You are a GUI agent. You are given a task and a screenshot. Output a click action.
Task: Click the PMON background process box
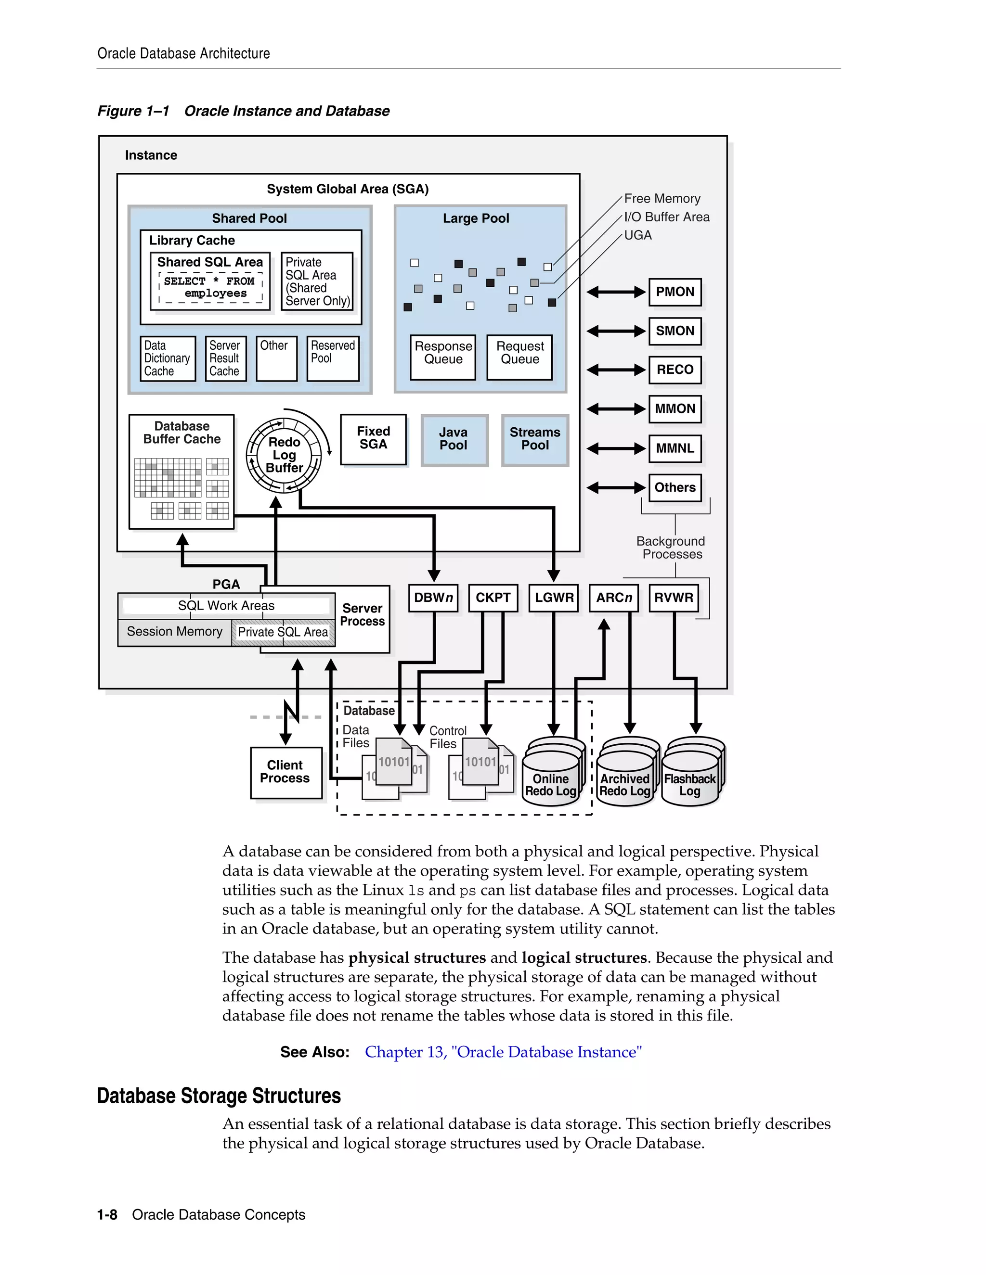coord(675,292)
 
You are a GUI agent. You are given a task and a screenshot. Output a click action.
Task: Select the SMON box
coord(675,331)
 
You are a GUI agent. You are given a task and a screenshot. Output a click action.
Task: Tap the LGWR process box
coord(554,598)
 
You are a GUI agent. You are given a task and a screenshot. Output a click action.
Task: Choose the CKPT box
coord(493,598)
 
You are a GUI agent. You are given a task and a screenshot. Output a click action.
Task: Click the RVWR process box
coord(674,598)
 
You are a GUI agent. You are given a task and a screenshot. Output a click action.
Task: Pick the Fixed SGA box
coord(373,439)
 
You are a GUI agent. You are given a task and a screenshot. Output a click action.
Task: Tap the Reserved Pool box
coord(332,358)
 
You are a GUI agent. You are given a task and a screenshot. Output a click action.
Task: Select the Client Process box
coord(285,772)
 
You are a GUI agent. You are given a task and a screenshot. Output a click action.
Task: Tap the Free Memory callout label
coord(662,199)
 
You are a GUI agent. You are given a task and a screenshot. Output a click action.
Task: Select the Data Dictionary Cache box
coord(167,358)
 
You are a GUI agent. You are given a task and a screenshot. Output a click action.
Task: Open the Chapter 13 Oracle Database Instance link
coord(503,1052)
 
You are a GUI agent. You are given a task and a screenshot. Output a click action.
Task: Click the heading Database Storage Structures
coord(219,1096)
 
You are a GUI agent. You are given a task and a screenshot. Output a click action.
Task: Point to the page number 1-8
coord(107,1215)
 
